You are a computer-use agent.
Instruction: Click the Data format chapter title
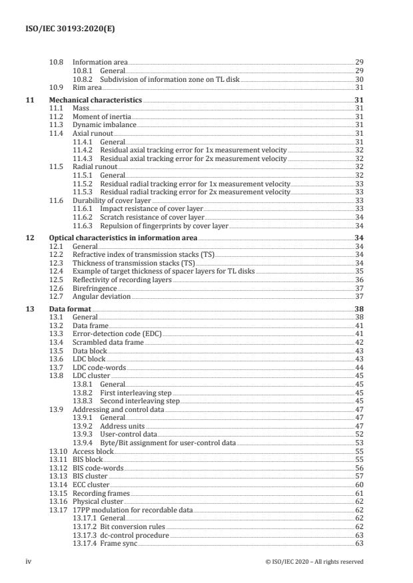tap(70, 309)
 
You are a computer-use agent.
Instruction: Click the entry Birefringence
tap(95, 290)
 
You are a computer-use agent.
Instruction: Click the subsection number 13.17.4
tap(85, 543)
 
